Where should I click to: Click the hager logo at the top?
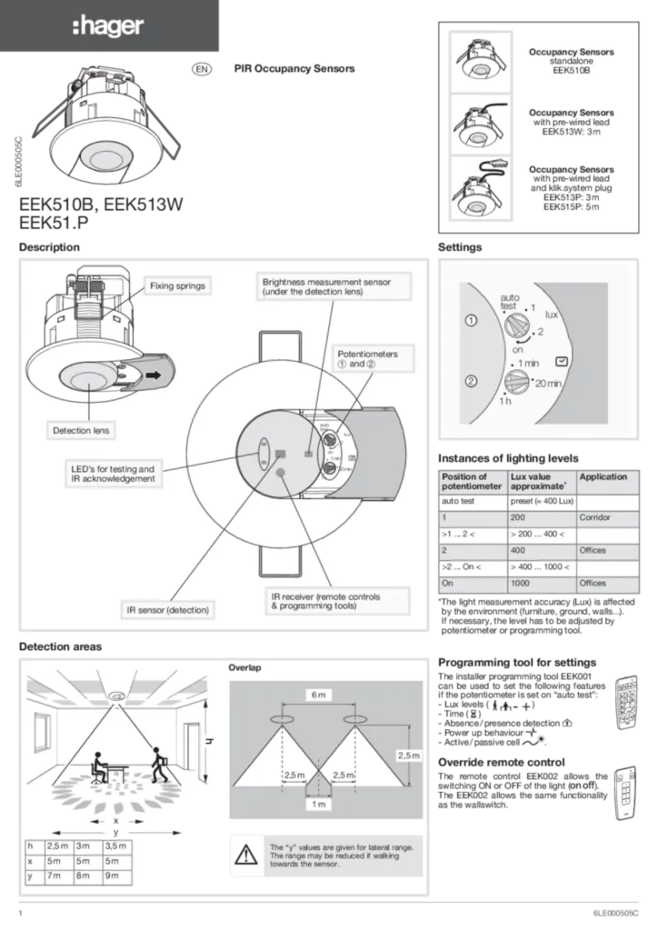point(107,27)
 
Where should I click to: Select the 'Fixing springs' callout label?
point(177,285)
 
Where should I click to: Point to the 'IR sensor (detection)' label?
point(167,608)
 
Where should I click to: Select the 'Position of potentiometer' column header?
point(471,481)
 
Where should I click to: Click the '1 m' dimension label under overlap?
point(318,805)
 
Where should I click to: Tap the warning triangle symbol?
point(246,856)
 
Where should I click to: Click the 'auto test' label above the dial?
point(509,302)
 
